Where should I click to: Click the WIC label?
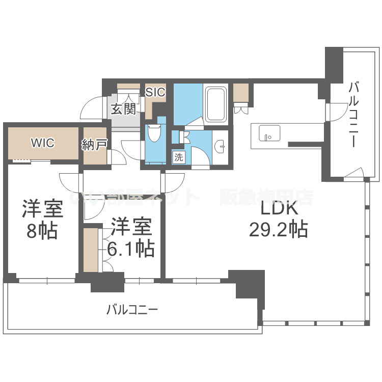(x=42, y=143)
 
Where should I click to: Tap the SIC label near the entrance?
(x=155, y=92)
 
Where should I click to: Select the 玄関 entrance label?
(x=124, y=109)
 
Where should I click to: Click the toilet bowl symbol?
(x=153, y=133)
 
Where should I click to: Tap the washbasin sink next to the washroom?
(x=221, y=146)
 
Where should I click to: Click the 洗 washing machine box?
(x=178, y=157)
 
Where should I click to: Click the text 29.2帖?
(x=278, y=231)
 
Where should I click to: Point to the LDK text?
(x=279, y=209)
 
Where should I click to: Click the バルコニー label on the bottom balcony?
(x=132, y=309)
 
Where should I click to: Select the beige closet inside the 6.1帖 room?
(x=91, y=250)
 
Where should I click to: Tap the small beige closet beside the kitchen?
(x=240, y=92)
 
